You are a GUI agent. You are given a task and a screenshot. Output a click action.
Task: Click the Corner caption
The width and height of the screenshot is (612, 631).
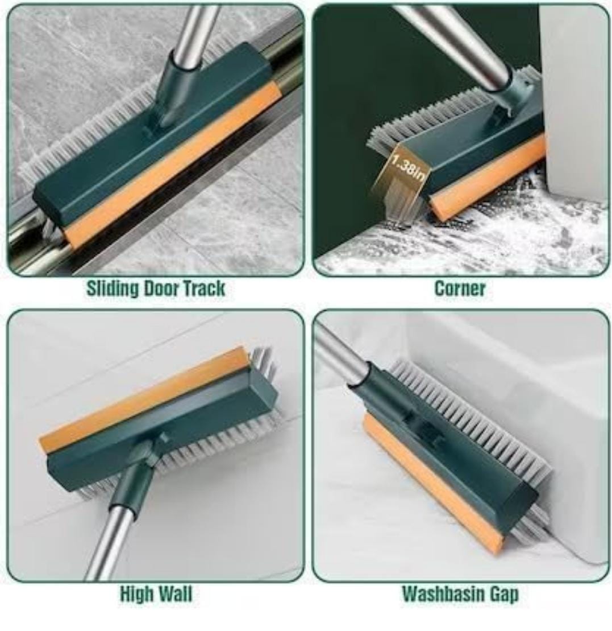pyautogui.click(x=460, y=288)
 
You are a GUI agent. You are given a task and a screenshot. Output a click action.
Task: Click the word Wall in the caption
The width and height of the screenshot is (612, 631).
pyautogui.click(x=174, y=593)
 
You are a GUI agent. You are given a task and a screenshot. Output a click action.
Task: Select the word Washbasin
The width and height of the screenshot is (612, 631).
pyautogui.click(x=443, y=594)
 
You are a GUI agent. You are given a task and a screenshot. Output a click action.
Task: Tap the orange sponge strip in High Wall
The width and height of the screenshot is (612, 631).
pyautogui.click(x=143, y=398)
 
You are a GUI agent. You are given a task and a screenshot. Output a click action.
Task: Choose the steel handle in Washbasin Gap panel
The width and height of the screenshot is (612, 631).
pyautogui.click(x=342, y=358)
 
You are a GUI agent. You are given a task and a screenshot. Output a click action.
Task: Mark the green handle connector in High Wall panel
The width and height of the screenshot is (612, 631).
pyautogui.click(x=136, y=471)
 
